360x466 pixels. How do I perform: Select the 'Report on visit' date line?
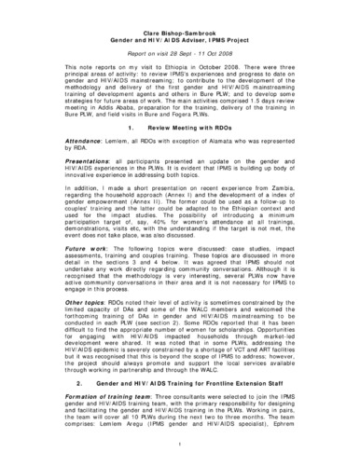(179, 52)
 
